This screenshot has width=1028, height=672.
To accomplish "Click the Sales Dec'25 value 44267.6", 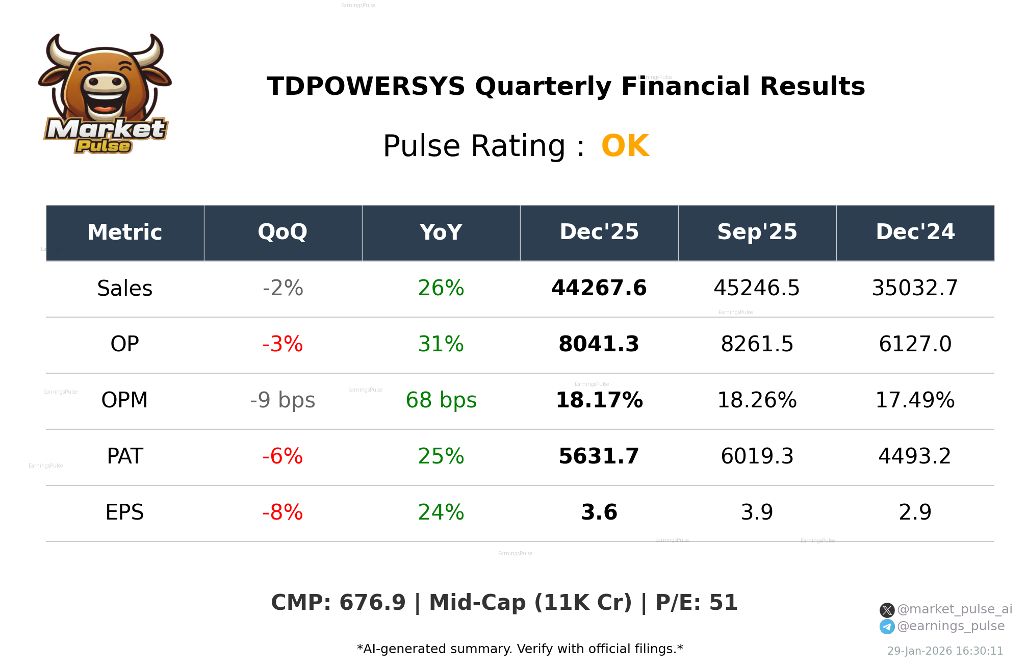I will click(x=599, y=288).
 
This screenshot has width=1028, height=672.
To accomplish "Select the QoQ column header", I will click(x=282, y=232).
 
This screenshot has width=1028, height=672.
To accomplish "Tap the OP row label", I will click(x=124, y=344).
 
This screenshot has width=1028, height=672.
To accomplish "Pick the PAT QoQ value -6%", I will click(x=282, y=456).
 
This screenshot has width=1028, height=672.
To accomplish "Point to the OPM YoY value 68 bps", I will click(x=441, y=400).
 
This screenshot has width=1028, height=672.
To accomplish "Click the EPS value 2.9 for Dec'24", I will click(x=915, y=512).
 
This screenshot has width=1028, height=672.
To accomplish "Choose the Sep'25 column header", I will click(x=757, y=232).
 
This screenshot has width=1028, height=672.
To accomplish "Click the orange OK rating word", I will click(x=625, y=146).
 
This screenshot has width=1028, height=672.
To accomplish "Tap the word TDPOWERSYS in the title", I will click(x=366, y=86).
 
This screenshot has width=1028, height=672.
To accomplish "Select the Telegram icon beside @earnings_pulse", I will click(x=887, y=627).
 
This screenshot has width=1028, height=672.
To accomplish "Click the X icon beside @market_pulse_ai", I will click(x=887, y=610).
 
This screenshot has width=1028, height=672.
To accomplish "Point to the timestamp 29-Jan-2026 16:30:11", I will click(x=945, y=651).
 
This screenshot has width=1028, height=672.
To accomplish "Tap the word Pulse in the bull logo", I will click(x=104, y=146).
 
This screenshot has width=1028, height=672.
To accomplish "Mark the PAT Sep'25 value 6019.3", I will click(x=757, y=456).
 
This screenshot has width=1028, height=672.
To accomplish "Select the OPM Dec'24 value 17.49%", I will click(x=915, y=400).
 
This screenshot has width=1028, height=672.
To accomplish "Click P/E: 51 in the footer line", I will click(x=696, y=603).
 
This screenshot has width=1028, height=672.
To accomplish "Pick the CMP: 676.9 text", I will click(x=338, y=603).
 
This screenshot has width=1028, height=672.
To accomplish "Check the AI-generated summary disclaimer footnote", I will click(x=520, y=649).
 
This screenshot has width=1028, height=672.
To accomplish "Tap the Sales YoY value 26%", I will click(x=441, y=288).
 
